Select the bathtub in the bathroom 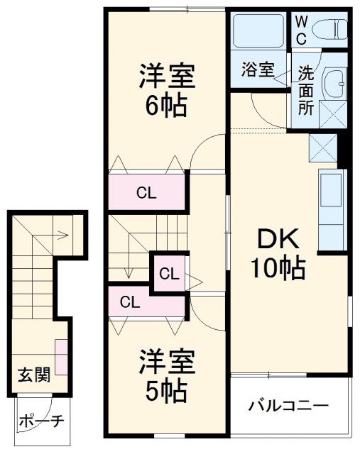tap(259, 31)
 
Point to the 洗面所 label tap(305, 91)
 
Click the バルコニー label tap(288, 407)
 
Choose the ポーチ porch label tap(40, 421)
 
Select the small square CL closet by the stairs tap(168, 272)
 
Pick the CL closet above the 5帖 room tap(130, 301)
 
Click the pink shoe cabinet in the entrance tap(61, 357)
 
